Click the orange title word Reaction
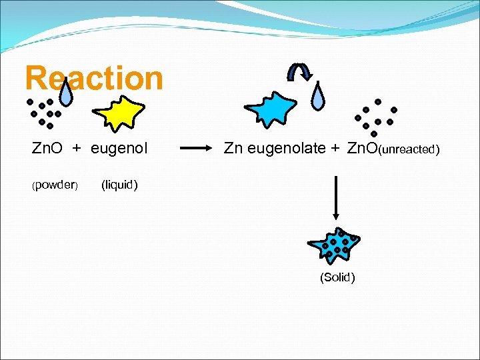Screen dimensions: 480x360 click(x=93, y=79)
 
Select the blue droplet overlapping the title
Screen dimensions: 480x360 click(x=66, y=95)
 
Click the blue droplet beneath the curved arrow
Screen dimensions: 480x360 click(x=321, y=97)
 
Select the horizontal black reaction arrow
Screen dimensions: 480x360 click(x=197, y=149)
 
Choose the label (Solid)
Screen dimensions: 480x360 click(x=337, y=277)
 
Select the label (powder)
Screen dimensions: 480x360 click(x=56, y=185)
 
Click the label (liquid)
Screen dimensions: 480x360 click(x=119, y=185)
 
